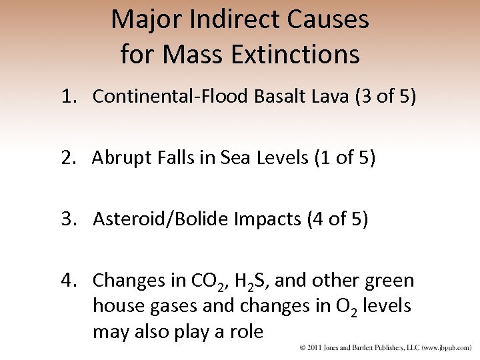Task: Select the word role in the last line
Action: coord(246,332)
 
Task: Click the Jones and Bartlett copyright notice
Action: coord(385,348)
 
